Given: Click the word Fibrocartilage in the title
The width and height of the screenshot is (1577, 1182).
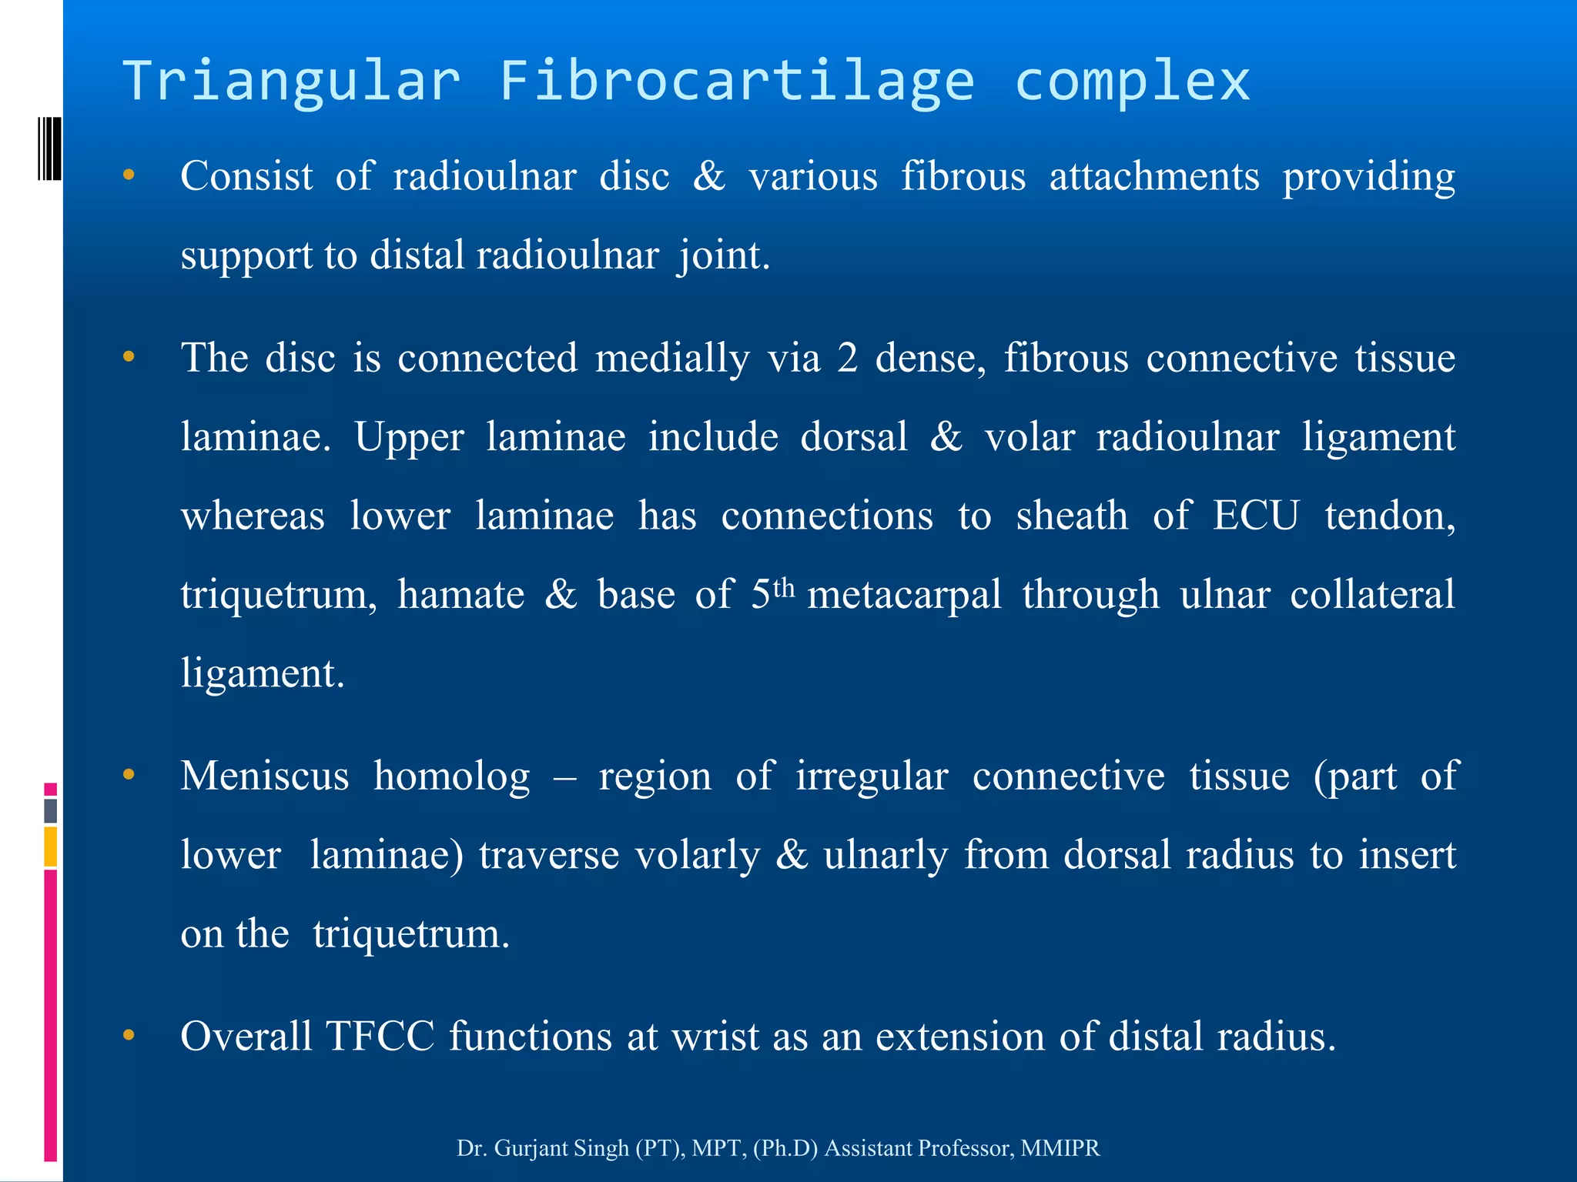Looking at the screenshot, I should (737, 80).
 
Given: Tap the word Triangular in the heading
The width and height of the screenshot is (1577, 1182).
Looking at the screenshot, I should (292, 80).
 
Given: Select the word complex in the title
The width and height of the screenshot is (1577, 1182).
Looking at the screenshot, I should (1132, 80).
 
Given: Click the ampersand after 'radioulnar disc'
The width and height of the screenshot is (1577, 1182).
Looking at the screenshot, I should (709, 176).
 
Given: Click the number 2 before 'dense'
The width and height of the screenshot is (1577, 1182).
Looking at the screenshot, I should (847, 358).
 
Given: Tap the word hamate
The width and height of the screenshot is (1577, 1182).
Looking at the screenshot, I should (460, 595).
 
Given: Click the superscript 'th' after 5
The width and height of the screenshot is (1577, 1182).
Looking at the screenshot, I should (783, 589).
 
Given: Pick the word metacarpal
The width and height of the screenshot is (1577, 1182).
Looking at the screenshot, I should (904, 595).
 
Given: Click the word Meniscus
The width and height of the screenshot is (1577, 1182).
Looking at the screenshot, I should (265, 776).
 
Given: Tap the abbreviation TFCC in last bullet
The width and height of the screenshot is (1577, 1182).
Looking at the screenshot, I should (380, 1036).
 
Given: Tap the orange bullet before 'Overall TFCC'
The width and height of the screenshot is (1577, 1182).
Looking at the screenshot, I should (129, 1035).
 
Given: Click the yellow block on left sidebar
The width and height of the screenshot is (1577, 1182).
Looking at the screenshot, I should (51, 846).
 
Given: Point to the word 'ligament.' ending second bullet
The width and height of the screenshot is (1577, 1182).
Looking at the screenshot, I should (263, 673).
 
